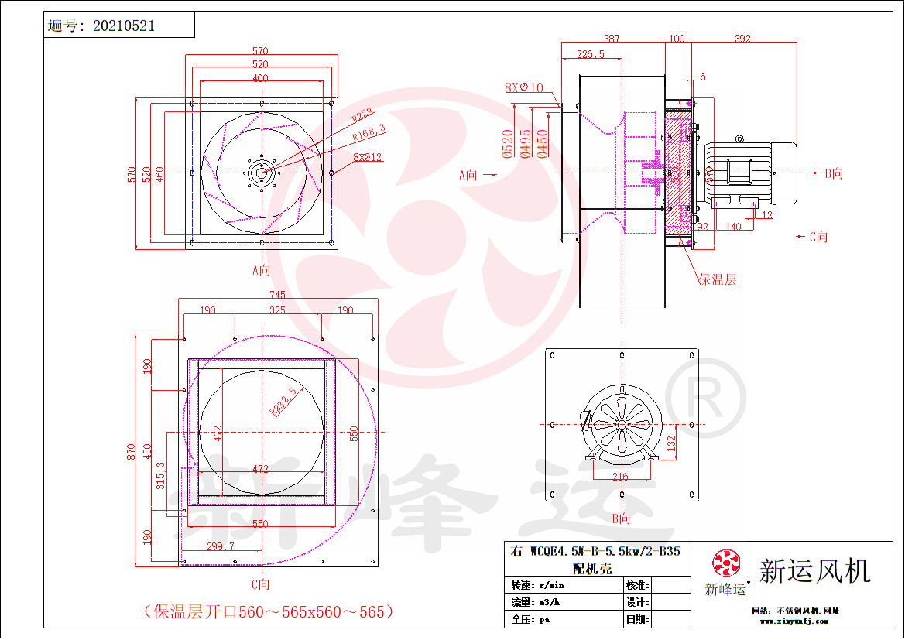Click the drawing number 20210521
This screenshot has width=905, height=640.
123,26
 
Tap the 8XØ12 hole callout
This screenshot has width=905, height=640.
368,157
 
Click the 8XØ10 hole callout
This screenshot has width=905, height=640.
524,87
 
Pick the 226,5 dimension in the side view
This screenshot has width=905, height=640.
591,54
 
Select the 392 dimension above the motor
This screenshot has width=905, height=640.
742,38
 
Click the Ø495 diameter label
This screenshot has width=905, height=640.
526,144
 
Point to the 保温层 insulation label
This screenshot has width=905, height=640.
718,279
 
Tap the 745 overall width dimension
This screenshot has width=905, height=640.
277,294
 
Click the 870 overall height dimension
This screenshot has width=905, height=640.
132,450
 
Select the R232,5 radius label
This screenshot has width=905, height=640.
283,401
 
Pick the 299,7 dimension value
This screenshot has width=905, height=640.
221,546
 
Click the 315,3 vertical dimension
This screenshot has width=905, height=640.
160,477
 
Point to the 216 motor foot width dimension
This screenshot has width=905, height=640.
621,477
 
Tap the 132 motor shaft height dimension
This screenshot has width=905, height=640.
671,442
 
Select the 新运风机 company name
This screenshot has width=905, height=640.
814,571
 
